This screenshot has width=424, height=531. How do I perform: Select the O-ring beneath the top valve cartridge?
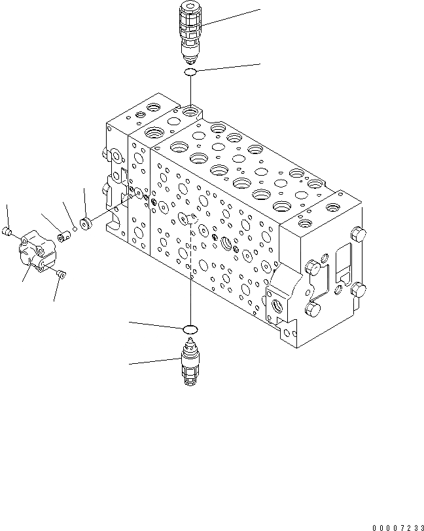pos(190,71)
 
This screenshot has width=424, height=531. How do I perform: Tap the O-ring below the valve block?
pos(189,328)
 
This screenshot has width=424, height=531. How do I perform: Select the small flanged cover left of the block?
pos(37,252)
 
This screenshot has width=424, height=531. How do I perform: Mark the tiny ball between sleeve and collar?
pos(75,228)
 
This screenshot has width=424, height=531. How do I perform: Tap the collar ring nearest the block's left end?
pos(86,223)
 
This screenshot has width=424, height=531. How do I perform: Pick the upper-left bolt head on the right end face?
pos(313,265)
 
